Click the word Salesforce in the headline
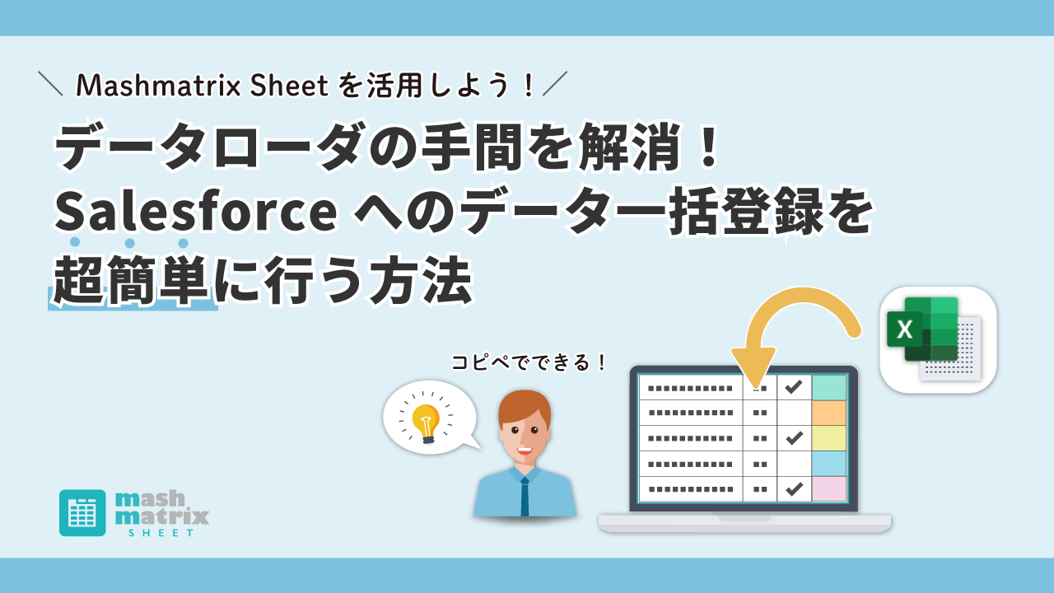[x=196, y=210]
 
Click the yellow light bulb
[x=426, y=423]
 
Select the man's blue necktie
[x=525, y=497]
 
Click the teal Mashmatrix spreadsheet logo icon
[x=82, y=512]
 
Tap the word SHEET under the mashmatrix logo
[x=161, y=533]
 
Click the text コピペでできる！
[x=529, y=362]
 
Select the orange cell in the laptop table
[x=829, y=413]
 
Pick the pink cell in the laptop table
[x=829, y=488]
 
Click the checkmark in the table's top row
[x=794, y=387]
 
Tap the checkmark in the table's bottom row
[x=794, y=489]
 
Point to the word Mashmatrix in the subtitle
[x=159, y=85]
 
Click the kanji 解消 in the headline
[x=630, y=147]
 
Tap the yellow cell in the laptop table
[x=829, y=438]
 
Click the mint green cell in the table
[x=829, y=387]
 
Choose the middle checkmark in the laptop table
[x=794, y=438]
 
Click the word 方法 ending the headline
[x=421, y=281]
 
